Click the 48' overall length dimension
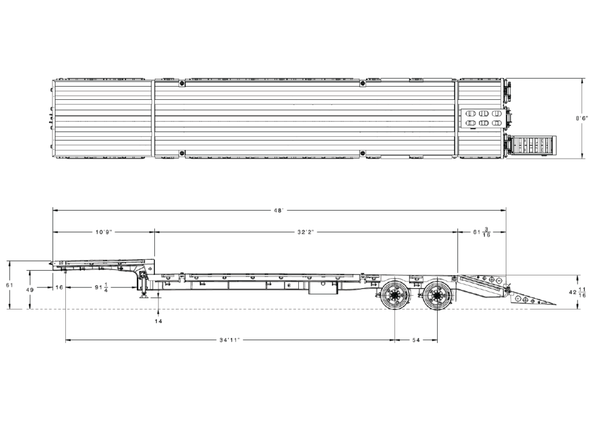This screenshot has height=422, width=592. click(279, 211)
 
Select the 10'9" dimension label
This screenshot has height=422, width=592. click(104, 232)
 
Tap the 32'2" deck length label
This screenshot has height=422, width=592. click(306, 232)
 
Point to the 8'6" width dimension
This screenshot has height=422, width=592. click(582, 118)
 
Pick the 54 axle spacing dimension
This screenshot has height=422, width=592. click(416, 340)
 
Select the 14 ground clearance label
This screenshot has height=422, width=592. click(158, 322)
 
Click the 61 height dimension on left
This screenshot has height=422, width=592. click(9, 285)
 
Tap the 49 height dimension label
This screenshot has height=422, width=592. click(30, 290)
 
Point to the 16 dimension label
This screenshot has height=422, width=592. click(59, 287)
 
